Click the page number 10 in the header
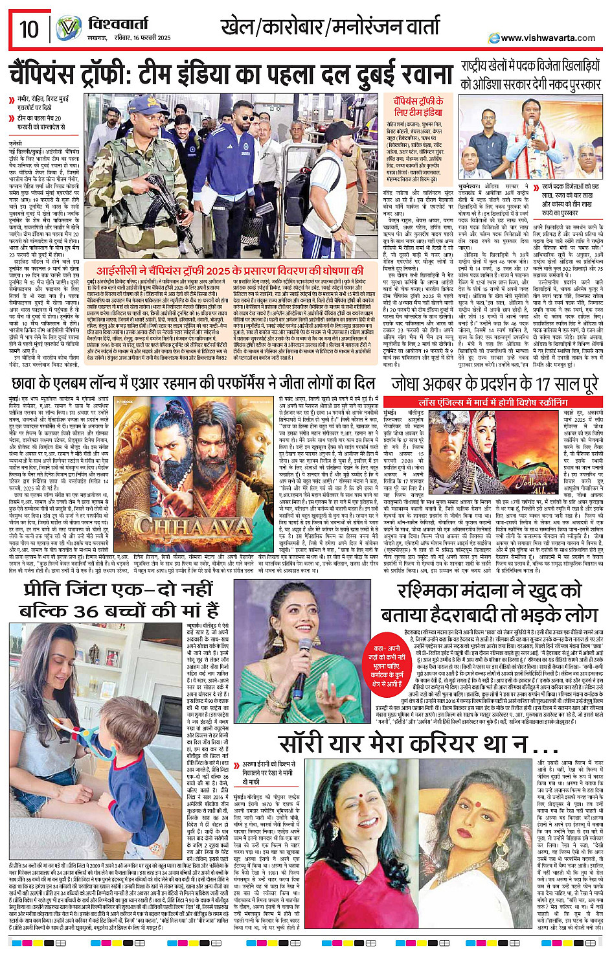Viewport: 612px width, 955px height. pos(29,29)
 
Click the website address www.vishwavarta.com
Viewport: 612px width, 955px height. pos(547,38)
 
